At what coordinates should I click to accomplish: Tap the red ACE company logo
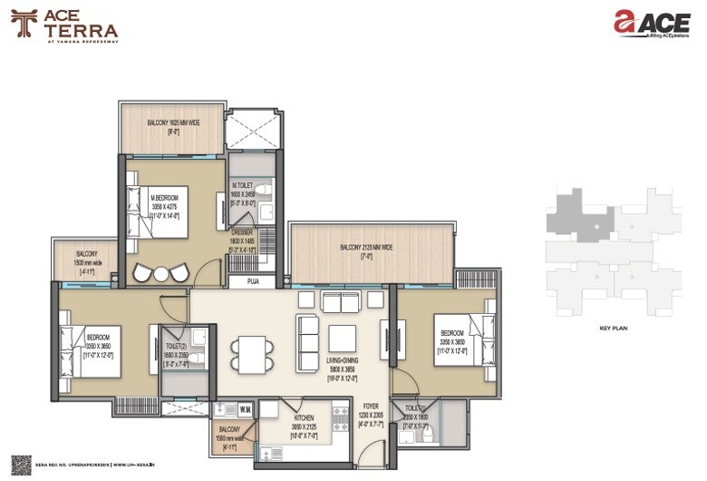click(651, 25)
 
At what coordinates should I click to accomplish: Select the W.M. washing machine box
click(246, 410)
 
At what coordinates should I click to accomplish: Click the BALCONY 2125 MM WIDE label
click(366, 248)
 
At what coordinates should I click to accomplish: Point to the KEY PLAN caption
click(614, 329)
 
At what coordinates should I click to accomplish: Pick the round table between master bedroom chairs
click(161, 273)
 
